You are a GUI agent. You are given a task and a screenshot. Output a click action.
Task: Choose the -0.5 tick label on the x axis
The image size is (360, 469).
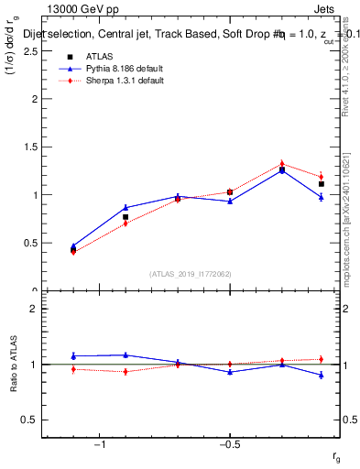229,444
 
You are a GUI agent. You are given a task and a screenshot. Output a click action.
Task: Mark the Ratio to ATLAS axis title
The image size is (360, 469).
12,364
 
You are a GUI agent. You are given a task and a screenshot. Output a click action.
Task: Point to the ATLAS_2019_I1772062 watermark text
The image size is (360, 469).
190,274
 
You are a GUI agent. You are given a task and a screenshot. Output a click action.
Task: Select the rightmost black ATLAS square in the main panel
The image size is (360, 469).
322,184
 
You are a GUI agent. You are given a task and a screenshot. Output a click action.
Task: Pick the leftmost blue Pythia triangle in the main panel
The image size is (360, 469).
73,245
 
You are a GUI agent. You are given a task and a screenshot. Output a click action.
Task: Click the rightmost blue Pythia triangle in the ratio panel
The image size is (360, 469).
322,375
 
